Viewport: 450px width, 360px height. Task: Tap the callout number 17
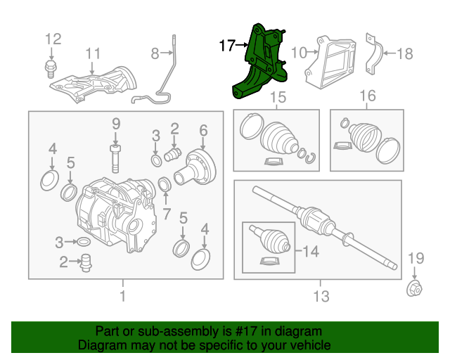point(226,46)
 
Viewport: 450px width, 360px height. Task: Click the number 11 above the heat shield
point(93,53)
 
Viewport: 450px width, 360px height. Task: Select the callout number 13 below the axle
point(321,297)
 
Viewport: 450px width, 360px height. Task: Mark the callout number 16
point(368,96)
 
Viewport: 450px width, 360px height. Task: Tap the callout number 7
point(167,213)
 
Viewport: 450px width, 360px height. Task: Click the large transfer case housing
point(116,211)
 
